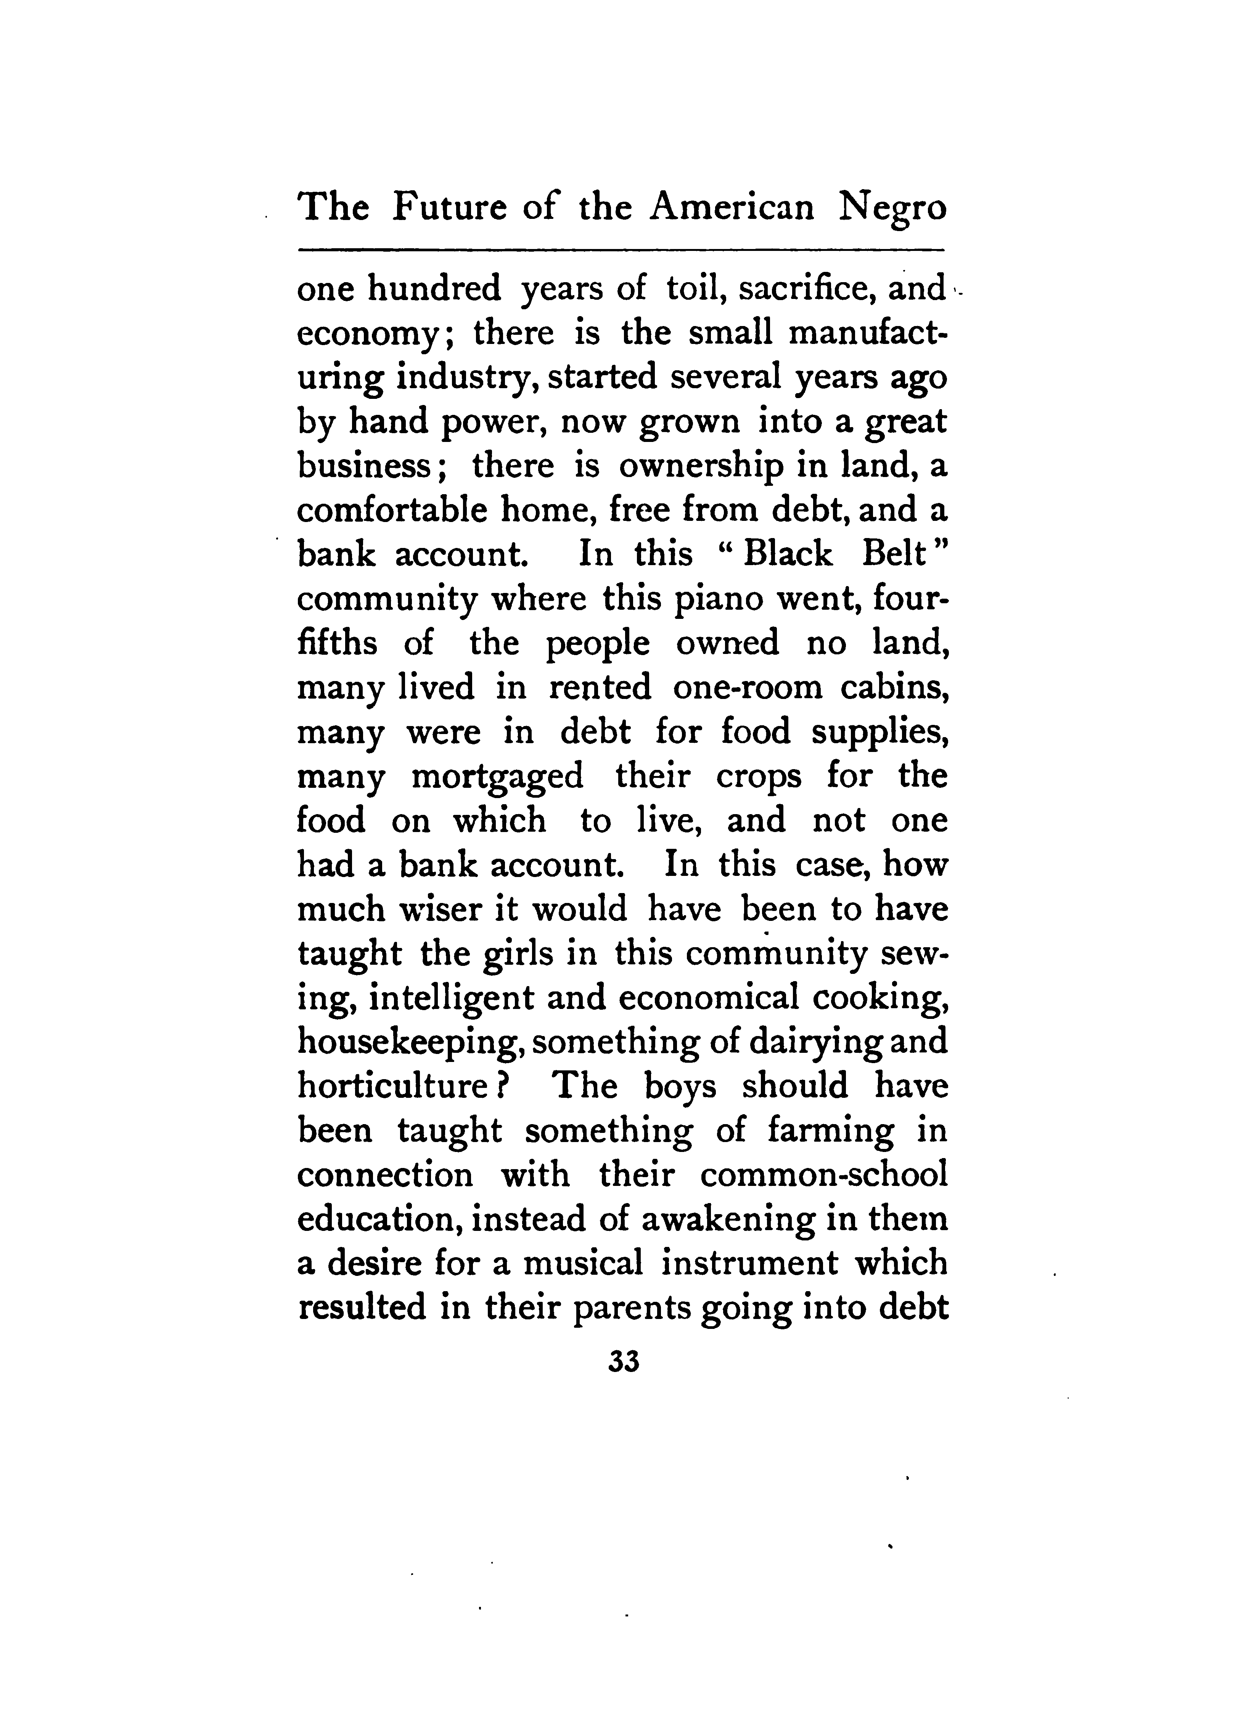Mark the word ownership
pyautogui.click(x=700, y=467)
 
